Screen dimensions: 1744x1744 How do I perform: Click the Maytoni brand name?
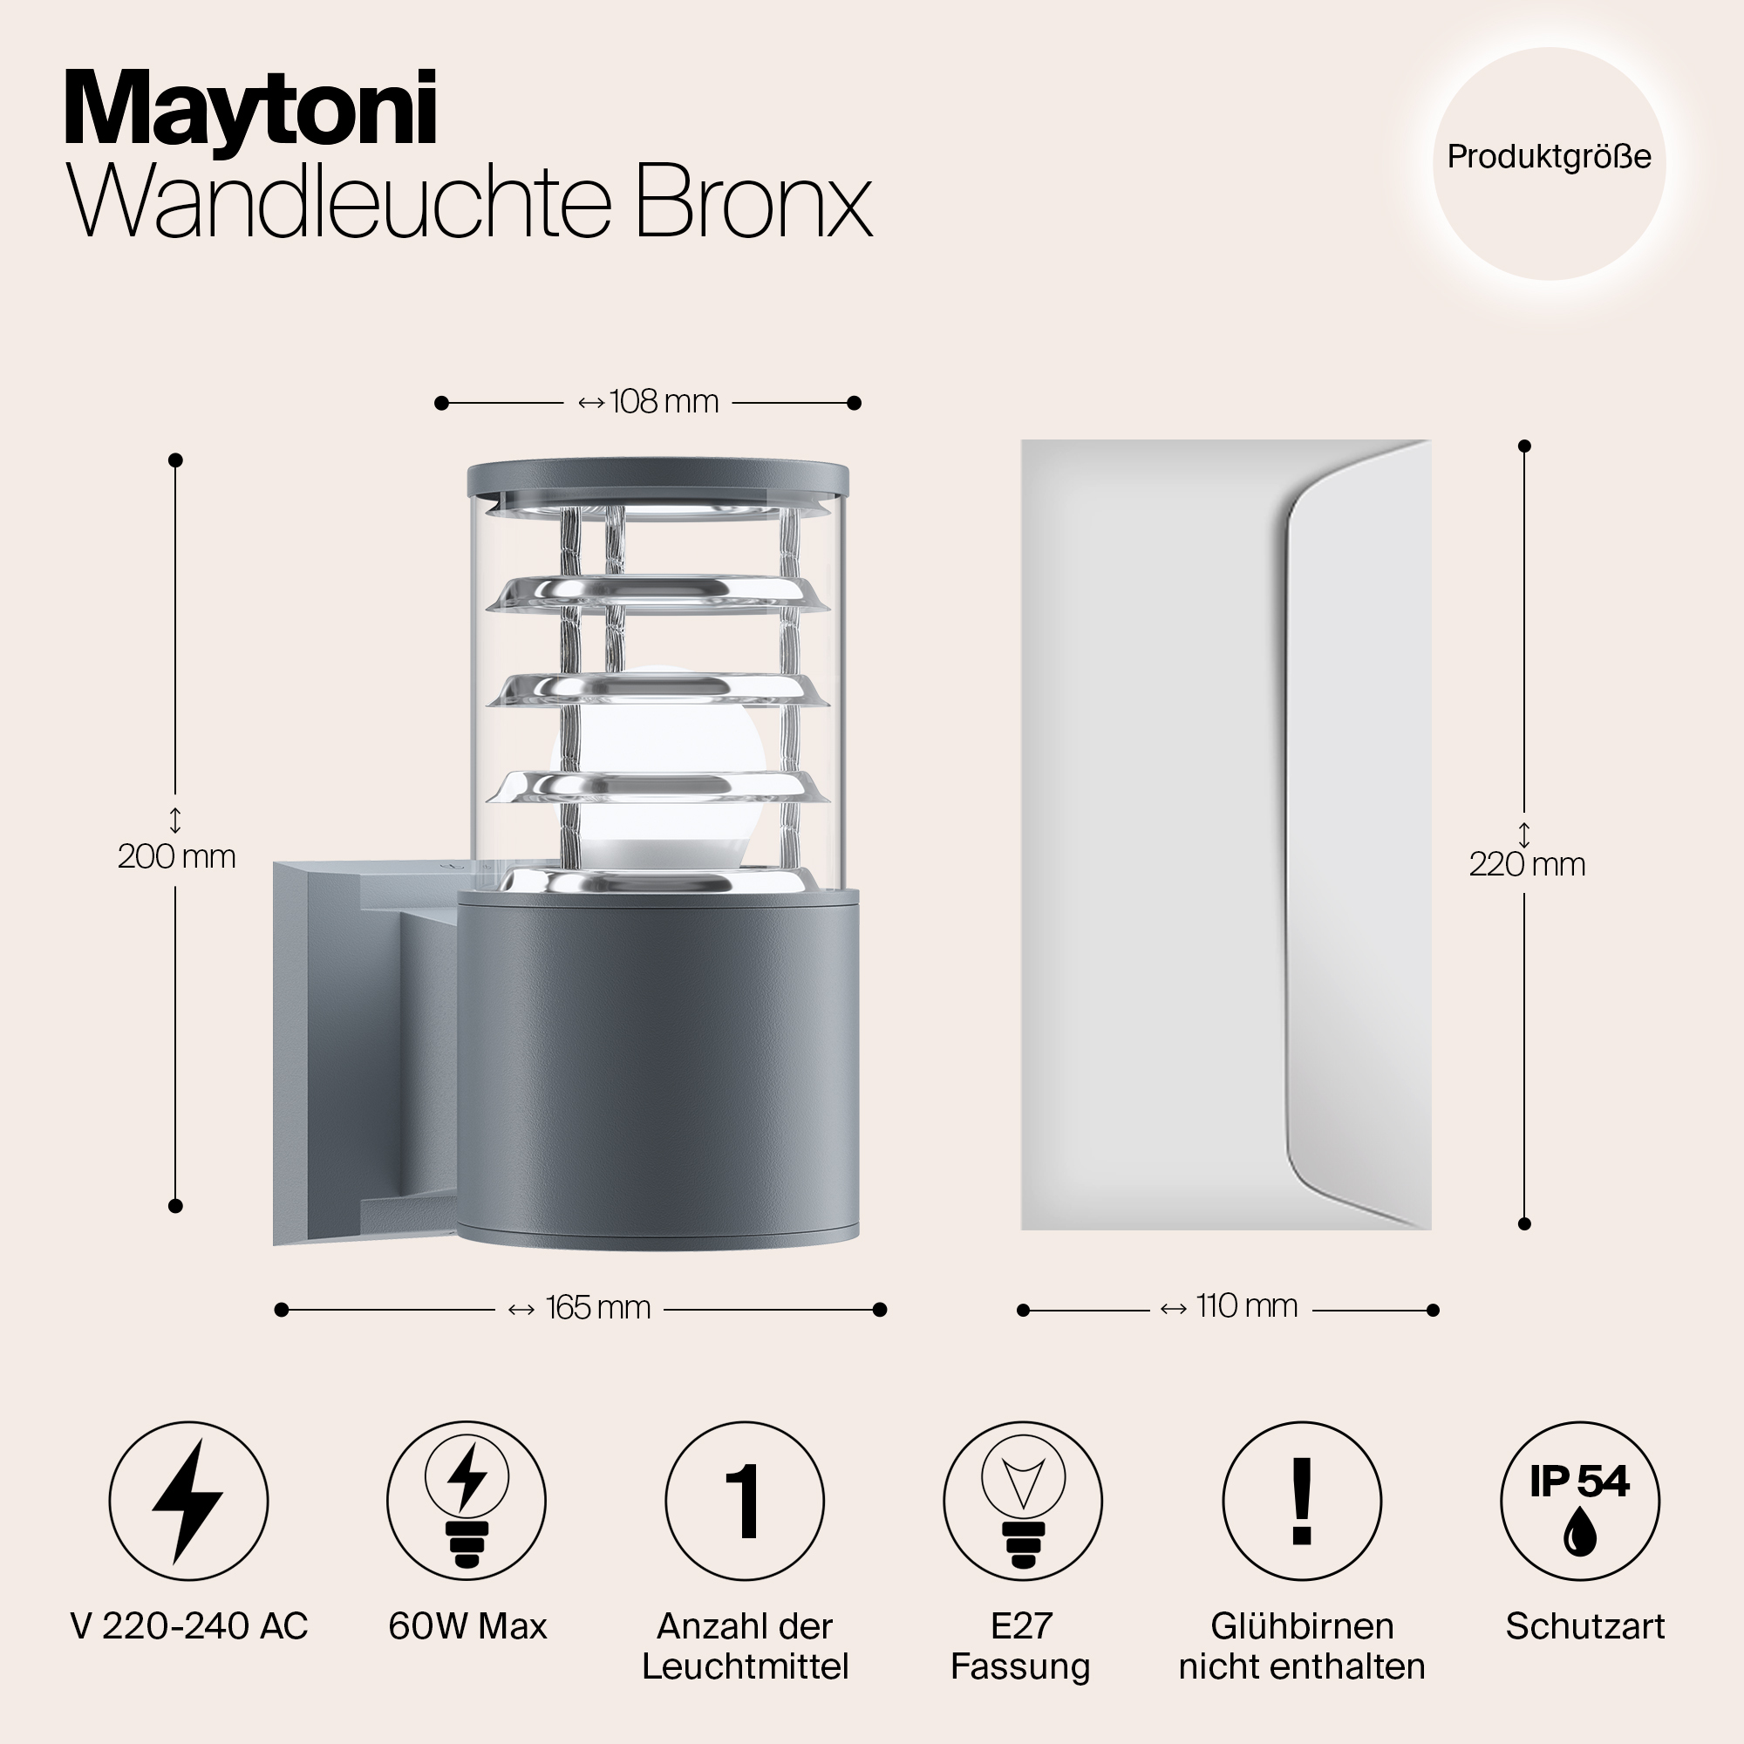251,110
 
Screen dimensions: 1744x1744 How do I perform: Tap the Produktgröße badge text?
1549,157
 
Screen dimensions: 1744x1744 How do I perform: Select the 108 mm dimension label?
664,402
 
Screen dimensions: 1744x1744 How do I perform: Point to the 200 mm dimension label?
177,855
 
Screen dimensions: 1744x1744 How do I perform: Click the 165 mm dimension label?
597,1308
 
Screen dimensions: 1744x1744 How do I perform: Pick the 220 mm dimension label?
1527,865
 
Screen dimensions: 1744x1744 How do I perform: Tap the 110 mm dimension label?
1247,1306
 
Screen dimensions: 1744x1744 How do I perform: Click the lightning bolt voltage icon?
187,1502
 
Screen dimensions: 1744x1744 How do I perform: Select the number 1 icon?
745,1502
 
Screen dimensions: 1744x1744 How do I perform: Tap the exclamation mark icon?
1302,1502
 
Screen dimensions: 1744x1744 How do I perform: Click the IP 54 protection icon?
1580,1502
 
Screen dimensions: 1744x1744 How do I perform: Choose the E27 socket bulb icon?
1023,1502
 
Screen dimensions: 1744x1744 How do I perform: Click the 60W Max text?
467,1626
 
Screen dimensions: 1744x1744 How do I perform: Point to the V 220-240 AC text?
188,1626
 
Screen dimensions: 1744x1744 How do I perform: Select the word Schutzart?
1585,1626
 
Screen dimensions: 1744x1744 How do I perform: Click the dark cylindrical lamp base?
659,1070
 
